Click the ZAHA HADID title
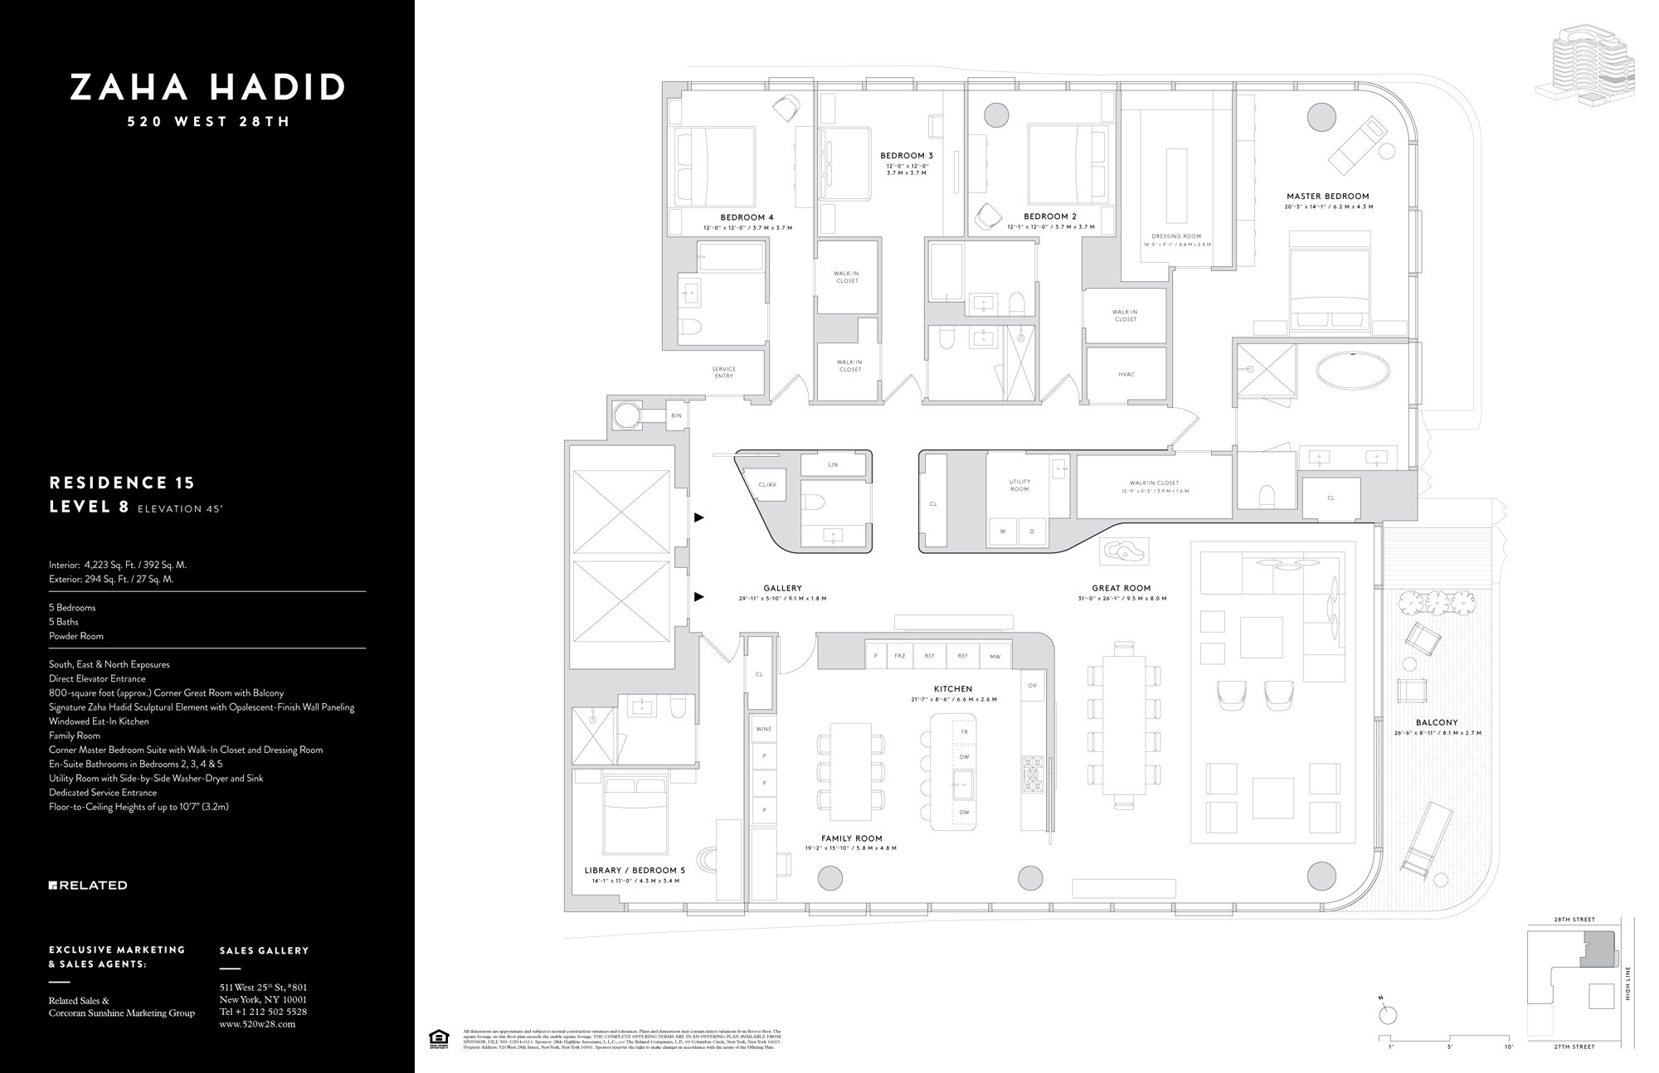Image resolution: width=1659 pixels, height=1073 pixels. [x=207, y=87]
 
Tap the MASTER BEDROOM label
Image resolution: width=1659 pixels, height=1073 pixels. [x=1328, y=197]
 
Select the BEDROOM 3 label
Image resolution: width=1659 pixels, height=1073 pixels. [x=907, y=156]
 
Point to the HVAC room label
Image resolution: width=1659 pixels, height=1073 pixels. [x=1126, y=375]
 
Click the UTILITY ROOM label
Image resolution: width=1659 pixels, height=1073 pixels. [x=1019, y=485]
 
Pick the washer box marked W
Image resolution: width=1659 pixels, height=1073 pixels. [x=1002, y=532]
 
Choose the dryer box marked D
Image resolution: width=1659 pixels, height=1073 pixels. [x=1032, y=532]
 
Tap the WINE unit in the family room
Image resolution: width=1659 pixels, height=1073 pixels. [x=763, y=729]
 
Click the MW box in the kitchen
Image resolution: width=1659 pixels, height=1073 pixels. [x=995, y=656]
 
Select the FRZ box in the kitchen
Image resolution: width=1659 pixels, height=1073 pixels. [x=899, y=656]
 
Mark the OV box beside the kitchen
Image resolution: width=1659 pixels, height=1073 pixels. [x=1032, y=686]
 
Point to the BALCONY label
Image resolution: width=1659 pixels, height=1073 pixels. [x=1437, y=723]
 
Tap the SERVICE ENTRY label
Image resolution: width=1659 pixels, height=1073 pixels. [x=723, y=372]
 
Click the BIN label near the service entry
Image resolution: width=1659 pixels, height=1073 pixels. [x=676, y=415]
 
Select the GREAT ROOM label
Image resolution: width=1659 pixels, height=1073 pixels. [x=1121, y=589]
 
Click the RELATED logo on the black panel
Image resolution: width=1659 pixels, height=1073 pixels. [x=88, y=886]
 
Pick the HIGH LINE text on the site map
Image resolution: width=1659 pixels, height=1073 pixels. [x=1628, y=983]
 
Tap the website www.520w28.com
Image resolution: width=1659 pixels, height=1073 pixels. [x=256, y=1024]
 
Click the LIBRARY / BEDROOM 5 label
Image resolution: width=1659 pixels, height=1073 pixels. [x=635, y=871]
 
